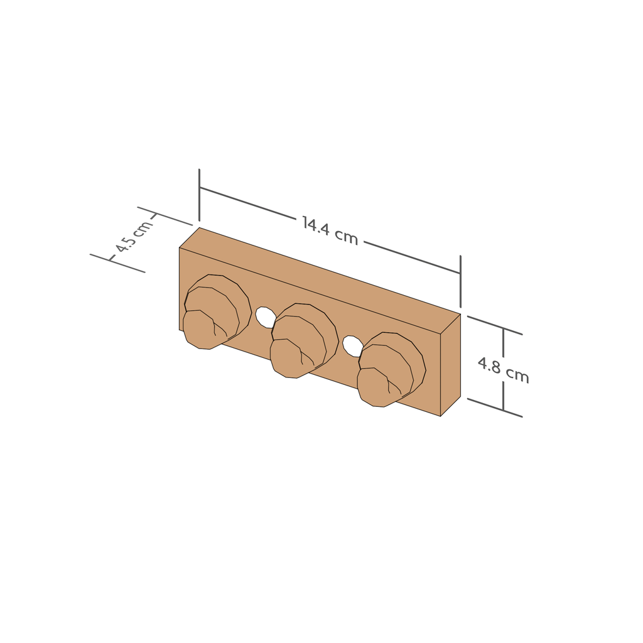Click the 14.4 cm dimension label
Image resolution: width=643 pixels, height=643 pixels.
pos(330,230)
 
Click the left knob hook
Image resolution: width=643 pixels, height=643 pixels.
pos(217,312)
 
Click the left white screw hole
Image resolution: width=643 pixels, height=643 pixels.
pos(266,317)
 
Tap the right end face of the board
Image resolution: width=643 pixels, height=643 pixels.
pos(450,365)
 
